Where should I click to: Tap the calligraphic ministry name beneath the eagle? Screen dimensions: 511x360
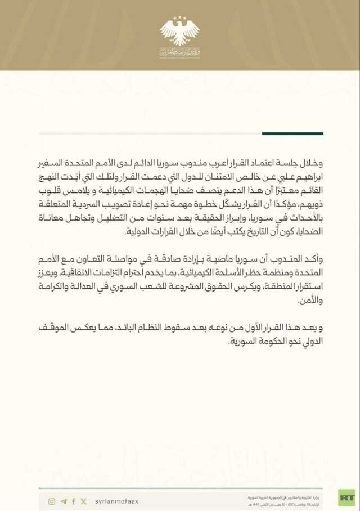(x=179, y=52)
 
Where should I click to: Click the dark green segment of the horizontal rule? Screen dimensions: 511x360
(x=292, y=133)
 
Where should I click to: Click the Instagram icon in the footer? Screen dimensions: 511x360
(x=52, y=501)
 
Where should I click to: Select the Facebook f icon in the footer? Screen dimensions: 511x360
(x=73, y=501)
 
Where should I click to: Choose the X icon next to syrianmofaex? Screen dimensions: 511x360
(x=84, y=501)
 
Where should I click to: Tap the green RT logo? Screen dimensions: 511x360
(x=346, y=498)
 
